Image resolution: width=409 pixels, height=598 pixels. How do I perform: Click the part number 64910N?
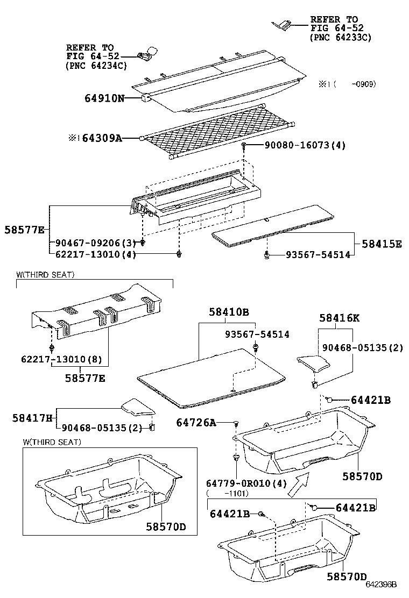[x=104, y=98]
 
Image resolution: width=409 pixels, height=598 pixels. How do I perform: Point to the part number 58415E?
[x=380, y=244]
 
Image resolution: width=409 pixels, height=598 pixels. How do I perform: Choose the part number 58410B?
[x=229, y=312]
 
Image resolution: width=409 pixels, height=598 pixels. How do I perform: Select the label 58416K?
[x=339, y=318]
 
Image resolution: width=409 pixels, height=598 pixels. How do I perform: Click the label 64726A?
[x=196, y=423]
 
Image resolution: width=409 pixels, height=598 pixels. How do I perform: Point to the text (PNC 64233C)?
[x=341, y=38]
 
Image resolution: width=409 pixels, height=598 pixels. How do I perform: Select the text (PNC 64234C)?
[x=96, y=66]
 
